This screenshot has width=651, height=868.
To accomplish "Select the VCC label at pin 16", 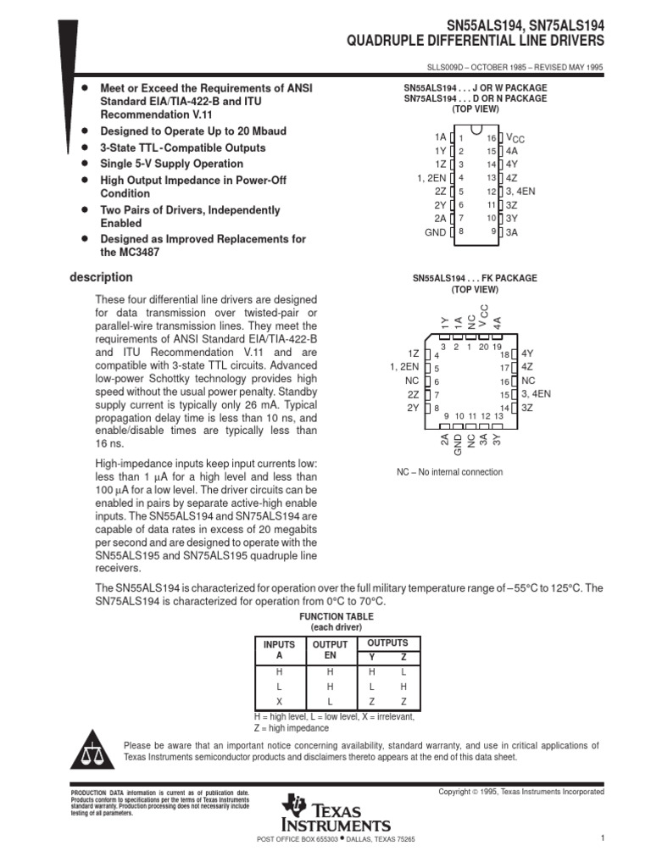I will pos(515,137).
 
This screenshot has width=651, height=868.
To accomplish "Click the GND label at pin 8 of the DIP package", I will pos(435,231).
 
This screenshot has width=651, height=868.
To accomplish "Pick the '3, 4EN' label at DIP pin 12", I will pos(520,192).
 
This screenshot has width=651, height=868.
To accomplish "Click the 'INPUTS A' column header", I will pos(280,650).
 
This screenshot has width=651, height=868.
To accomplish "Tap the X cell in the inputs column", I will pos(280,702).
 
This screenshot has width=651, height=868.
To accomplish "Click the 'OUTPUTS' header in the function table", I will pos(387,643).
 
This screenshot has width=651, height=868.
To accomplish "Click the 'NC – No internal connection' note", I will pos(449,472).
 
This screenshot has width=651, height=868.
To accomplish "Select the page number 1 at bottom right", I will pos(600,838).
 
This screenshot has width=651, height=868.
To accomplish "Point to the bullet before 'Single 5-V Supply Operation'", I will pos(84,164).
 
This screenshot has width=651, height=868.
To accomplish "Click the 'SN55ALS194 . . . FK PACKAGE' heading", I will pos(475,278).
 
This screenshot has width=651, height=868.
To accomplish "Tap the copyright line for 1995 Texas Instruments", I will pos(520,792).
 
